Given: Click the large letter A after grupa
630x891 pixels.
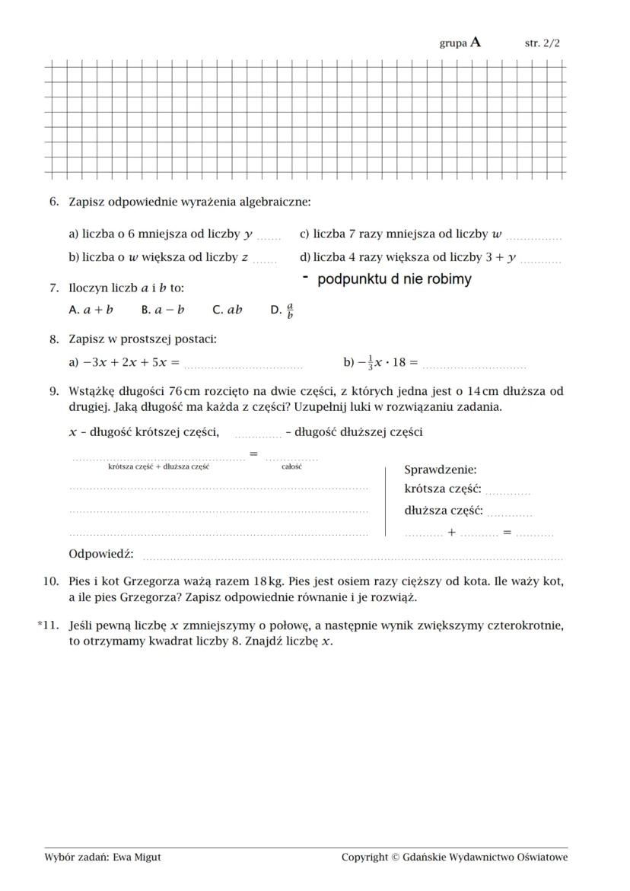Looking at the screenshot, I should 476,43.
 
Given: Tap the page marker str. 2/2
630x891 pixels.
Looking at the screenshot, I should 542,43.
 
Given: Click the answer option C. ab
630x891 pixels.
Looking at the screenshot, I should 228,310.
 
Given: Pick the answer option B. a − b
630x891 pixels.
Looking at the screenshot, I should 163,310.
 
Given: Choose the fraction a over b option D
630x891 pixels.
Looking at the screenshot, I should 282,310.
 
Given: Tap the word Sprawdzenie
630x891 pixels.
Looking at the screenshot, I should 440,470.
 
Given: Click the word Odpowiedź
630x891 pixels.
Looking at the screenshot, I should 101,554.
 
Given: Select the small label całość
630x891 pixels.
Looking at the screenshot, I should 291,466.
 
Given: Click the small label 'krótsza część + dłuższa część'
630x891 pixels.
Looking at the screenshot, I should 158,466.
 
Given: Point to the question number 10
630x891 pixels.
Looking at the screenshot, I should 51,581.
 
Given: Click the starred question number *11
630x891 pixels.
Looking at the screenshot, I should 49,625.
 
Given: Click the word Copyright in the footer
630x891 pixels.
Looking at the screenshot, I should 365,857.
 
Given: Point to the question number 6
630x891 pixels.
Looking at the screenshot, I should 53,202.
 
